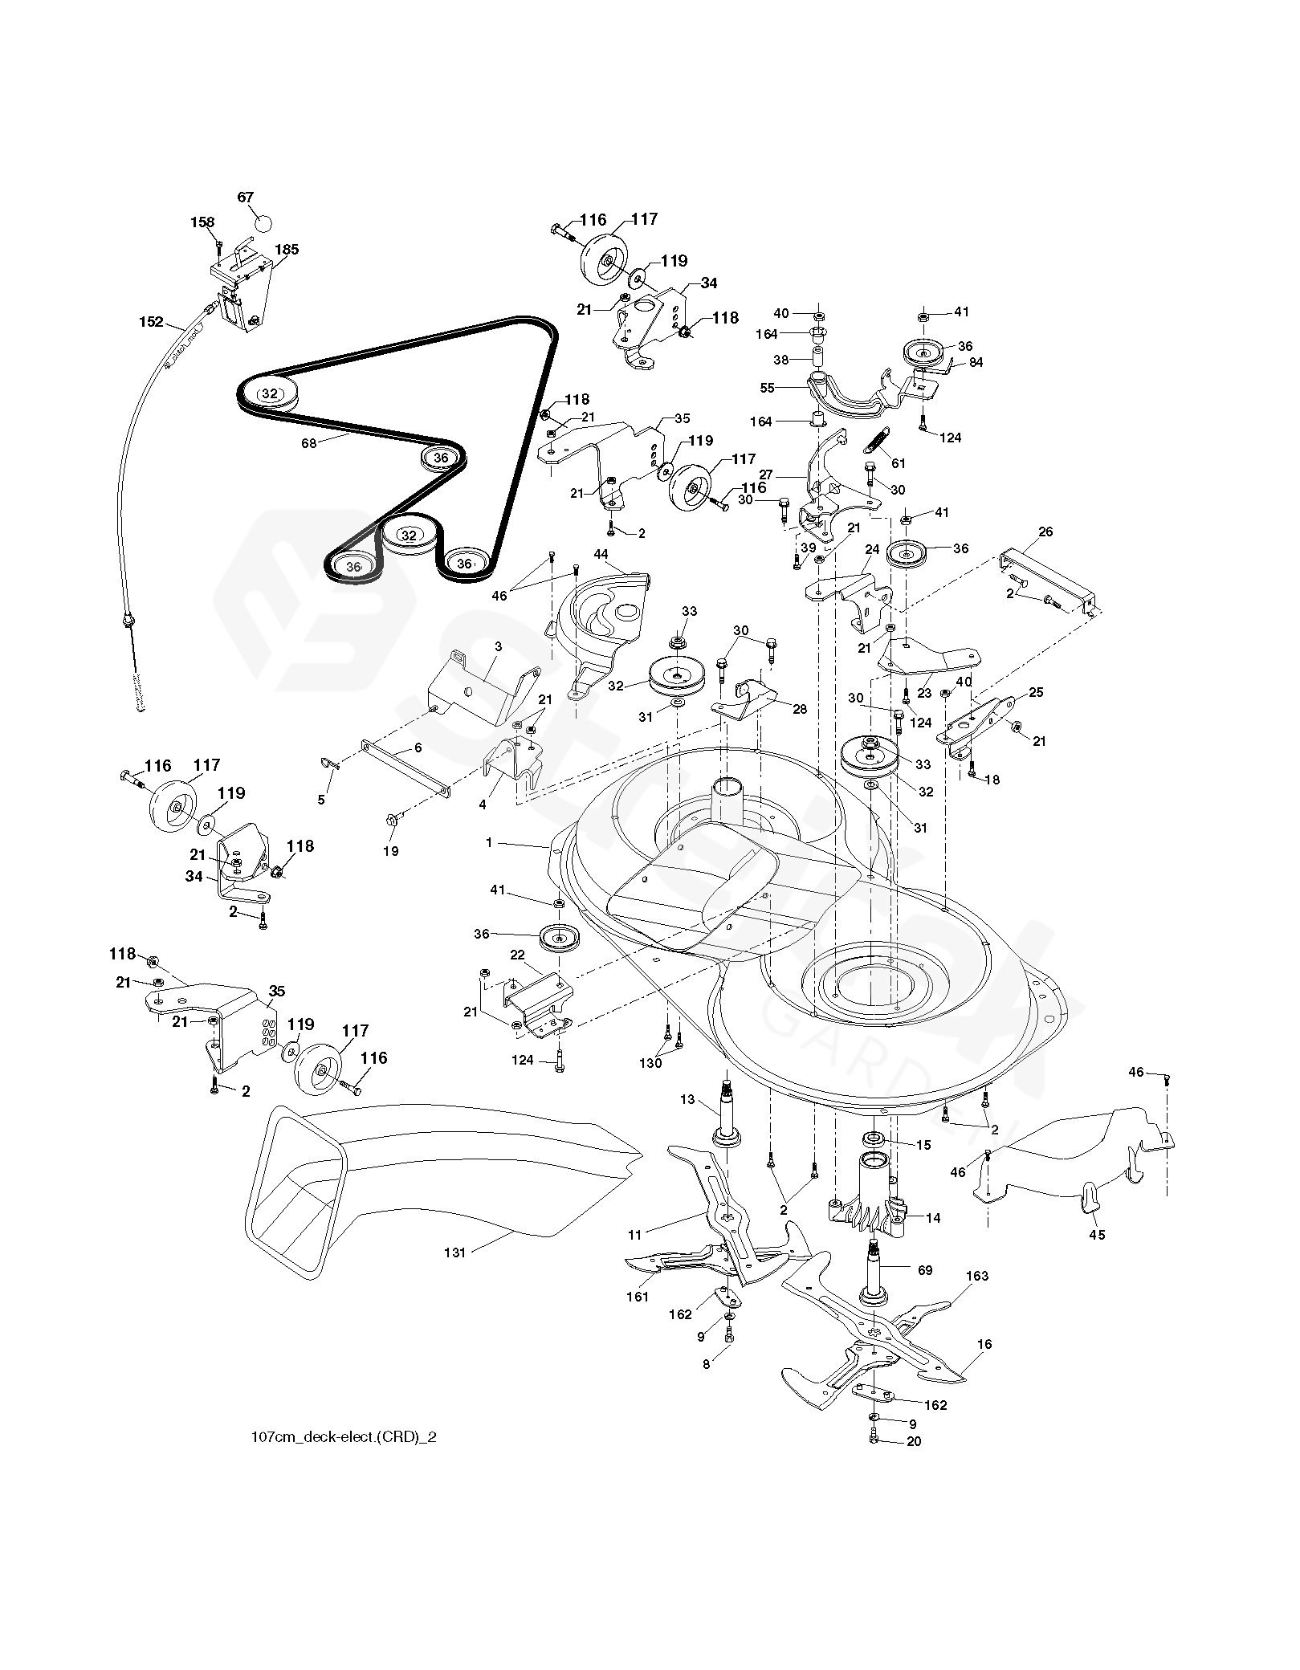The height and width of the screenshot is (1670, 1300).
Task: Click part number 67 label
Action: (x=246, y=198)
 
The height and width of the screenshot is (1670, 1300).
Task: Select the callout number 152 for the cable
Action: (x=151, y=322)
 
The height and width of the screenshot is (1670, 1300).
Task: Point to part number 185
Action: (x=287, y=250)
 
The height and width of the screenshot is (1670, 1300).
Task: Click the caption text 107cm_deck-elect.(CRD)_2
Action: (x=344, y=1437)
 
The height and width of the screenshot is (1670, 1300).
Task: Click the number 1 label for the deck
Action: (x=489, y=843)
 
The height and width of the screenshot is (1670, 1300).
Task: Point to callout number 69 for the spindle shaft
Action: (x=925, y=1269)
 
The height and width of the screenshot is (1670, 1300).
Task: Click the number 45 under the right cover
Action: (x=1097, y=1234)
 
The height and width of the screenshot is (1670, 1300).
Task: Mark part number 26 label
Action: (x=1045, y=532)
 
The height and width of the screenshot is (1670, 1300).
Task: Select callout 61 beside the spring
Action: (x=899, y=463)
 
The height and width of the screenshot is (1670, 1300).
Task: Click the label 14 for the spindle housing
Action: (x=933, y=1218)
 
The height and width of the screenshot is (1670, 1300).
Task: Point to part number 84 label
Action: (x=976, y=361)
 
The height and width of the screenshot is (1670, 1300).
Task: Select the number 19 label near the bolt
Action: (x=390, y=851)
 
